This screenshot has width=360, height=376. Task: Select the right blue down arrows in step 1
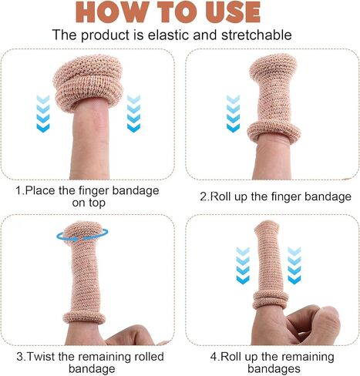pos(133,112)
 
